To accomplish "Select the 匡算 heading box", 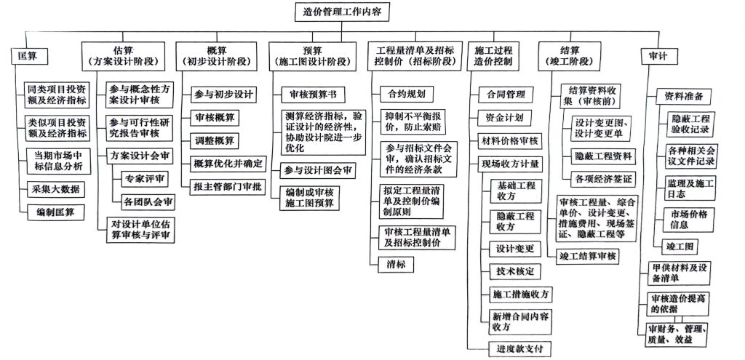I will [28, 56].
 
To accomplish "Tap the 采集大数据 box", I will [55, 190].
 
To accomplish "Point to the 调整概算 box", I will [215, 140].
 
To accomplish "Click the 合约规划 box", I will [406, 93].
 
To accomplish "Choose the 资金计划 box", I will [499, 117].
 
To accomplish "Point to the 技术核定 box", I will [514, 271].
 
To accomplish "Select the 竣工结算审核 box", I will [587, 255].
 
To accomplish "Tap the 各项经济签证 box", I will [604, 178].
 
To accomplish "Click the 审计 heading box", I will [657, 56].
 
